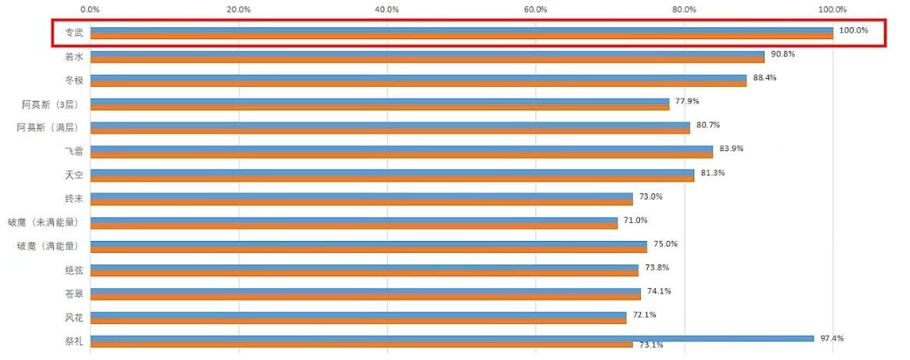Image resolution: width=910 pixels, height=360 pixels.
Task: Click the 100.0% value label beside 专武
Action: [x=853, y=31]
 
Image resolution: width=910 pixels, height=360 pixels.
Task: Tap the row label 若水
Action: [x=74, y=57]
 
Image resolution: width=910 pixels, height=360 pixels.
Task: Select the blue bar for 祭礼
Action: [x=451, y=339]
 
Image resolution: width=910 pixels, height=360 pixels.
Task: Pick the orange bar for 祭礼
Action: [x=361, y=344]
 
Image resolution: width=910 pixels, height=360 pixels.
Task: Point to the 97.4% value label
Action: [x=832, y=338]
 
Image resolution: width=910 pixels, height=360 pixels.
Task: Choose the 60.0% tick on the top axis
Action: [x=536, y=9]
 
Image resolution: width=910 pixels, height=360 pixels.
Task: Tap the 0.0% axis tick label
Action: [x=90, y=9]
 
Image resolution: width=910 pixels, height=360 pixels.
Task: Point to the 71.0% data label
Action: [x=635, y=220]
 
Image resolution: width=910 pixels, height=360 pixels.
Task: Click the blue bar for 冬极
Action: [x=418, y=77]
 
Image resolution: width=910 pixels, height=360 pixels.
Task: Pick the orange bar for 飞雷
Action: [x=401, y=155]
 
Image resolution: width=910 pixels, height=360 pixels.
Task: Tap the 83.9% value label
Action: [x=732, y=149]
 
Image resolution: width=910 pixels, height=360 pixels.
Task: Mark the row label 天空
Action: [x=74, y=175]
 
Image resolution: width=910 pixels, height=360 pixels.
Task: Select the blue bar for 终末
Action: [x=361, y=196]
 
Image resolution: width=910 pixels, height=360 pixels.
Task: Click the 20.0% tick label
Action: [x=239, y=9]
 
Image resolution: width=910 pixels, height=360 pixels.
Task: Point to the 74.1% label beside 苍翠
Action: [x=659, y=291]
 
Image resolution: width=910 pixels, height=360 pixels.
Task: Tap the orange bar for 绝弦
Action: [x=364, y=273]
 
